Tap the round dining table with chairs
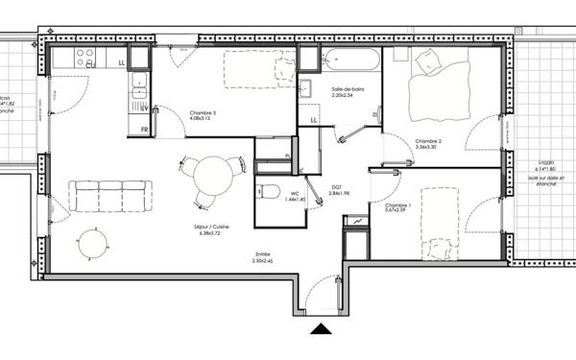209,180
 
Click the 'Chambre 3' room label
202,115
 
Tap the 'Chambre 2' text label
426,143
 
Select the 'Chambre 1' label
397,206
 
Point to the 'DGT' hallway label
337,188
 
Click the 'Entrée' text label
263,255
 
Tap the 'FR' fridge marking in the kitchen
145,129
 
